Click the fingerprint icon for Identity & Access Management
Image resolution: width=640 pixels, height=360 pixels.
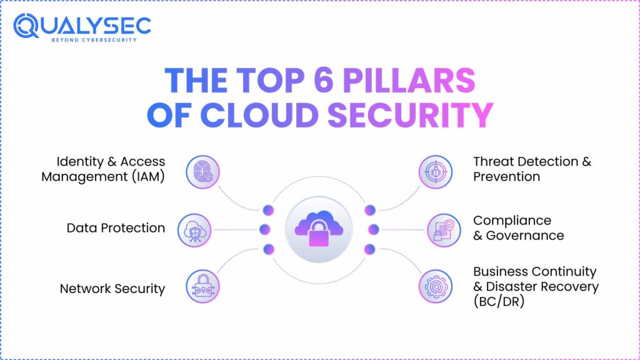[x=203, y=172]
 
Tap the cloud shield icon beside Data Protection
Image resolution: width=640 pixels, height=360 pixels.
[x=194, y=230]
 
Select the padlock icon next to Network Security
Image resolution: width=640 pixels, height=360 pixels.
[x=203, y=286]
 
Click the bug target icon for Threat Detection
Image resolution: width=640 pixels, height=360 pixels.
[x=436, y=172]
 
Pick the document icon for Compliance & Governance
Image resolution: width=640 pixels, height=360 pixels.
[x=444, y=230]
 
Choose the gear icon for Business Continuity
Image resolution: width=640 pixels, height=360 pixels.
[x=436, y=286]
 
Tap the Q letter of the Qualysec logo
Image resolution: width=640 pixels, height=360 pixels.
[x=26, y=26]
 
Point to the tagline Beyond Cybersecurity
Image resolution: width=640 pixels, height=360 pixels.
[x=94, y=40]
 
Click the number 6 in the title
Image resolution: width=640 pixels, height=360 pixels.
[x=324, y=80]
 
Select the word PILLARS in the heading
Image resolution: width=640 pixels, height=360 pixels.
[x=409, y=80]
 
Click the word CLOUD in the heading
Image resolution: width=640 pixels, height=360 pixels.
[x=259, y=115]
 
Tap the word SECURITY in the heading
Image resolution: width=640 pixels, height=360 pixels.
[x=411, y=115]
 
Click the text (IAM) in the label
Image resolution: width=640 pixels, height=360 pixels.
[x=148, y=177]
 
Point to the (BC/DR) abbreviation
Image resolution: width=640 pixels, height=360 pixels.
[x=499, y=302]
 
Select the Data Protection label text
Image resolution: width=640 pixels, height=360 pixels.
[x=116, y=227]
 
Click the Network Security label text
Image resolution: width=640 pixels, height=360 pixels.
[x=112, y=289]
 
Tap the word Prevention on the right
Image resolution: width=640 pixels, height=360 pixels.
[x=506, y=177]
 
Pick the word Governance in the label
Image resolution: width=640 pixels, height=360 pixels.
[x=525, y=236]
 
